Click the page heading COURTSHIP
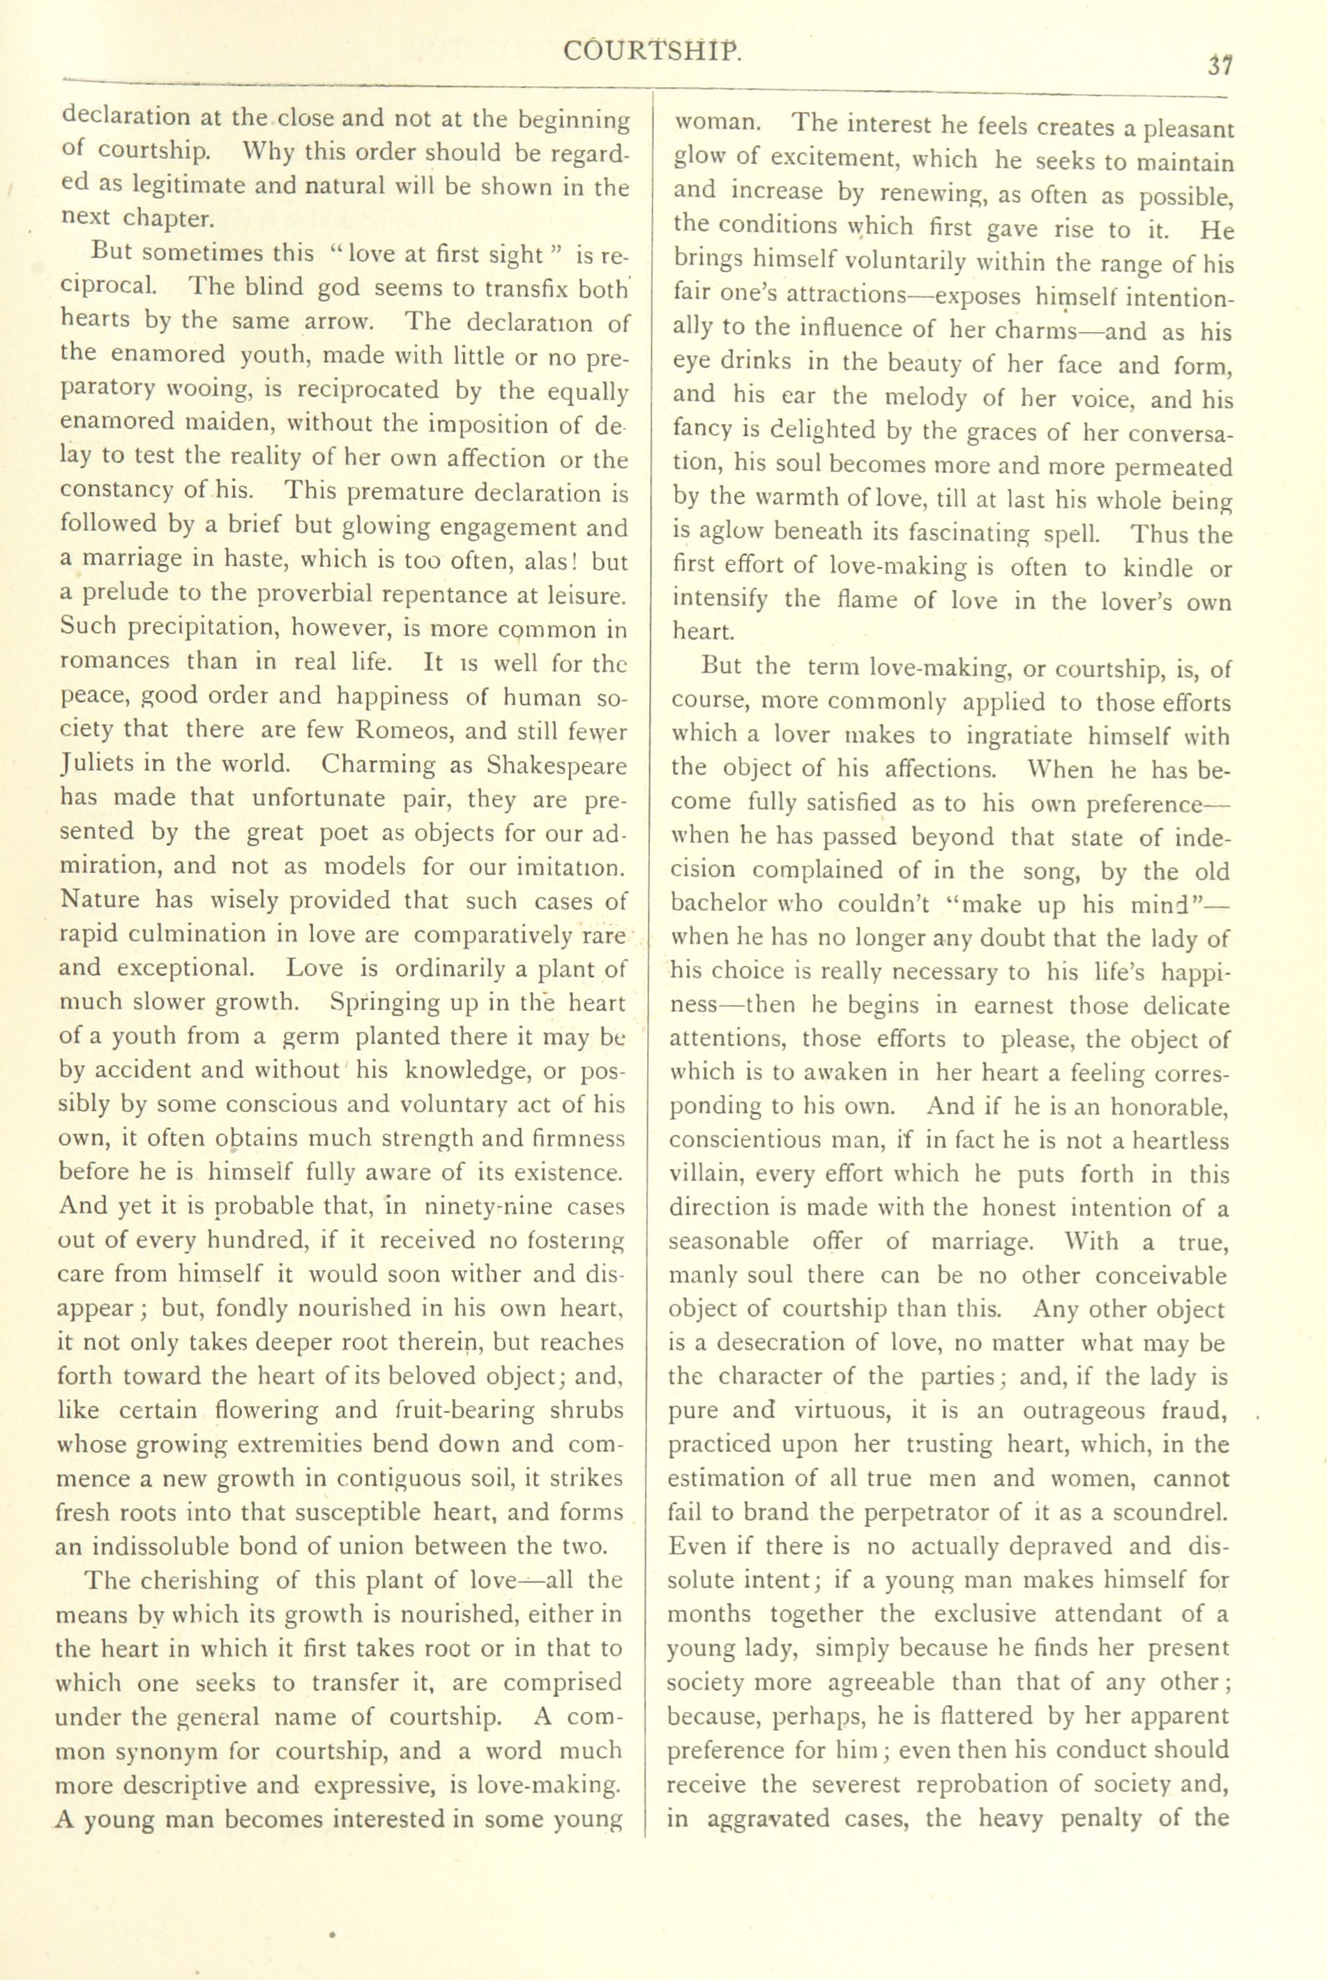[x=653, y=52]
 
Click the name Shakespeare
[x=558, y=765]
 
